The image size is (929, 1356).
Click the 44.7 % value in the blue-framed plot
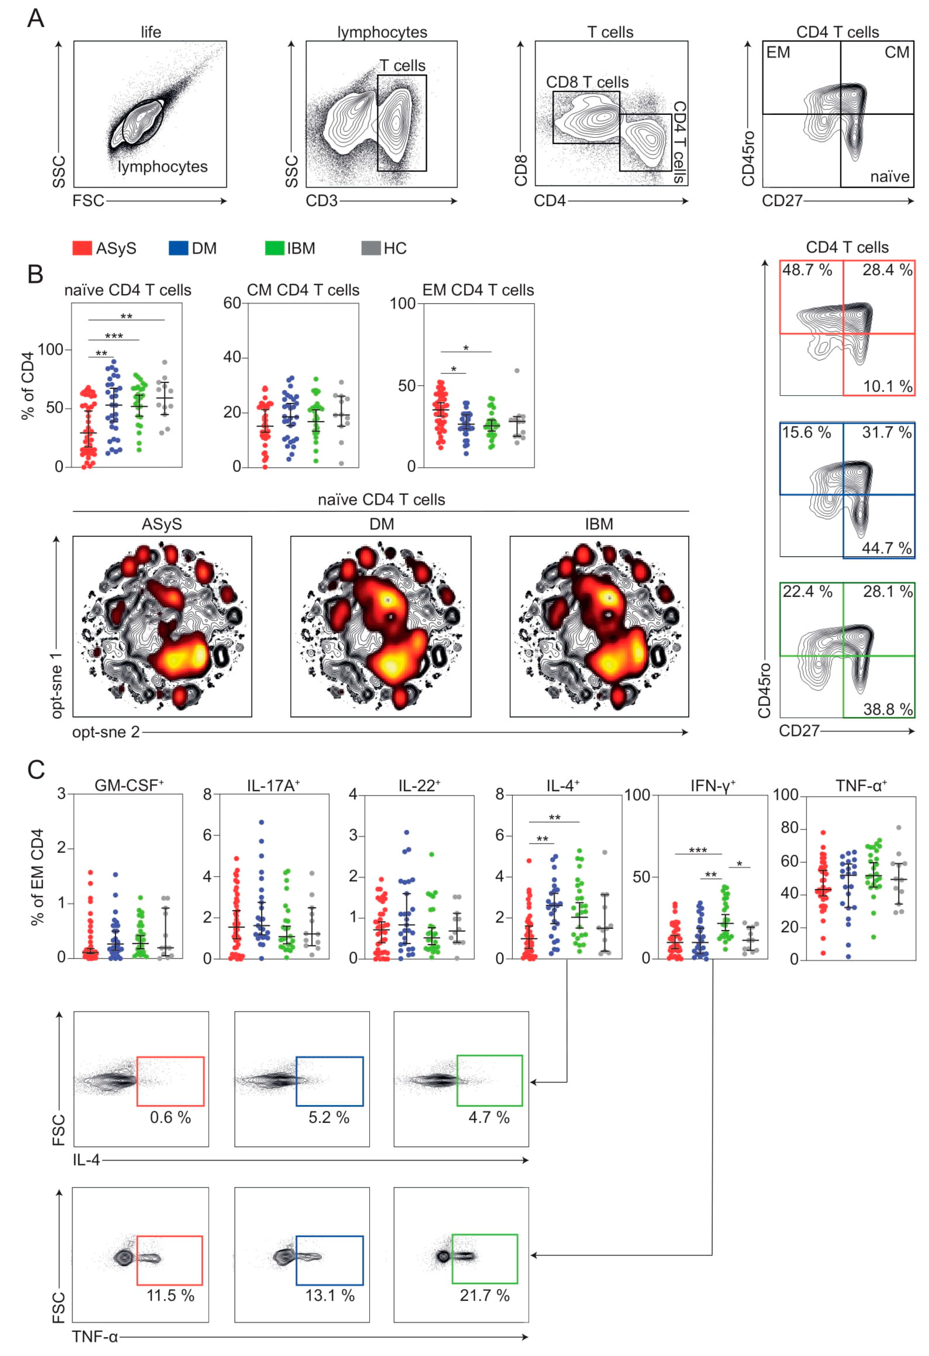click(x=887, y=548)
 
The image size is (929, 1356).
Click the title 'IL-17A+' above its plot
click(x=273, y=785)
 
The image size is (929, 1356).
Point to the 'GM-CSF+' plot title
click(x=129, y=785)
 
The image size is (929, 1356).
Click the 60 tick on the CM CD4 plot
click(x=232, y=303)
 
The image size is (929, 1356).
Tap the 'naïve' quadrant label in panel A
click(x=889, y=176)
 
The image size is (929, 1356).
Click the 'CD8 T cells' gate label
click(x=587, y=82)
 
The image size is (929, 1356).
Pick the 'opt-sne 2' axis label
click(x=106, y=732)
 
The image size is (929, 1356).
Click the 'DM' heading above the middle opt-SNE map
click(x=382, y=524)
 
